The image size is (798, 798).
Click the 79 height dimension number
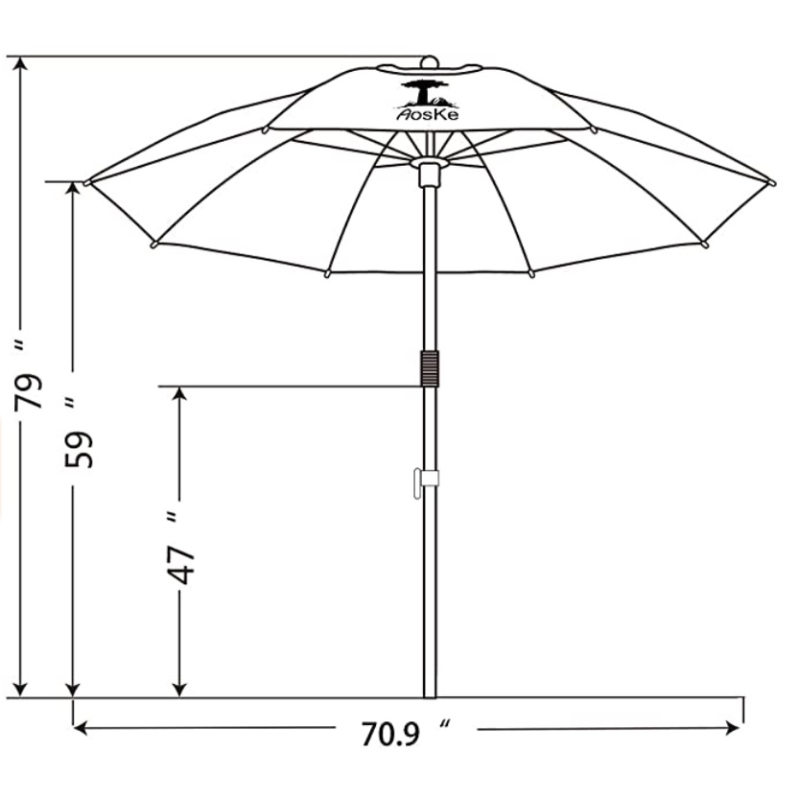[x=28, y=391]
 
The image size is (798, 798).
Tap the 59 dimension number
[x=79, y=450]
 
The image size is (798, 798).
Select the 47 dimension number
[x=181, y=566]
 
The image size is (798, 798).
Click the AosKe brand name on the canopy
[x=428, y=115]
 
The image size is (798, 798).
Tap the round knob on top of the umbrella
[x=430, y=61]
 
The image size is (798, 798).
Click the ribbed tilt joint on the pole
[x=430, y=368]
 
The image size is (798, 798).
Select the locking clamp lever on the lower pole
[x=426, y=482]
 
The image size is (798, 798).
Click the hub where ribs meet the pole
[x=430, y=163]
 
